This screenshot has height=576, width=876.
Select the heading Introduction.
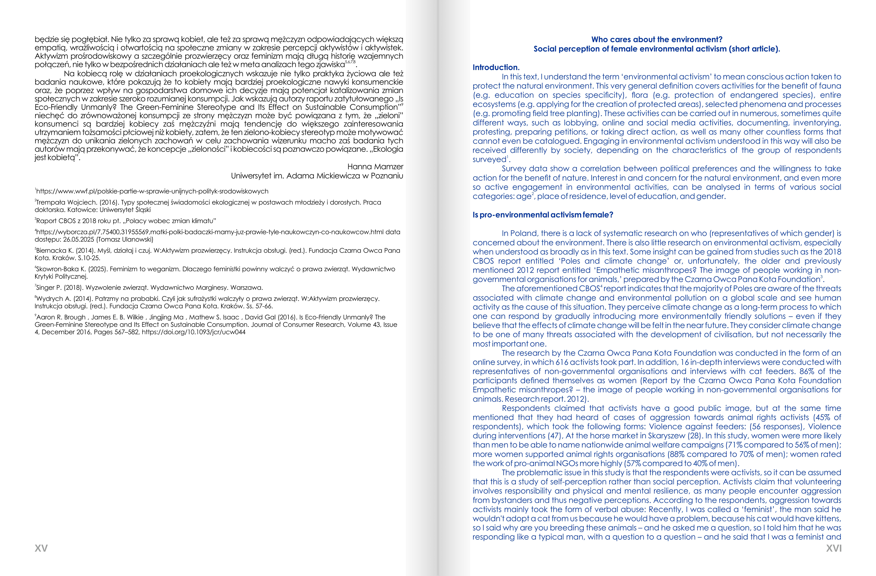[496, 67]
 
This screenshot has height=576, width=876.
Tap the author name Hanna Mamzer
[375, 167]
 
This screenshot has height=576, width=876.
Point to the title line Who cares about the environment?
[657, 39]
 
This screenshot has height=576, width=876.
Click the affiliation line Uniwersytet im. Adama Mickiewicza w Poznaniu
[317, 176]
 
